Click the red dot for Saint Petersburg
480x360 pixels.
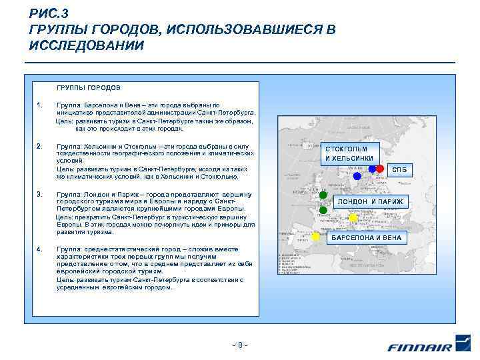[x=380, y=169]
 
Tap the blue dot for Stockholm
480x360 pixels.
[x=357, y=176]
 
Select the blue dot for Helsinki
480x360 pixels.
[x=372, y=169]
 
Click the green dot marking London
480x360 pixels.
[x=323, y=195]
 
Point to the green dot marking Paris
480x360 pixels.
[x=323, y=210]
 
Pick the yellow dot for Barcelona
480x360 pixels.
[x=316, y=237]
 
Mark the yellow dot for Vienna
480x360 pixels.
[x=353, y=217]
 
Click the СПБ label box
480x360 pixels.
[x=399, y=171]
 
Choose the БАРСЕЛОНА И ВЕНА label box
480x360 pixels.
[x=367, y=237]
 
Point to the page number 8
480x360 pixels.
[x=239, y=345]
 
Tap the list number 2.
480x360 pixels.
[x=40, y=146]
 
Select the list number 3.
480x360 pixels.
[x=40, y=194]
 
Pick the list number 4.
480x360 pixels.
[x=40, y=249]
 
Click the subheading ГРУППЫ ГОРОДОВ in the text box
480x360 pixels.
[x=89, y=87]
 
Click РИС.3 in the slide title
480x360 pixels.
[x=47, y=14]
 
